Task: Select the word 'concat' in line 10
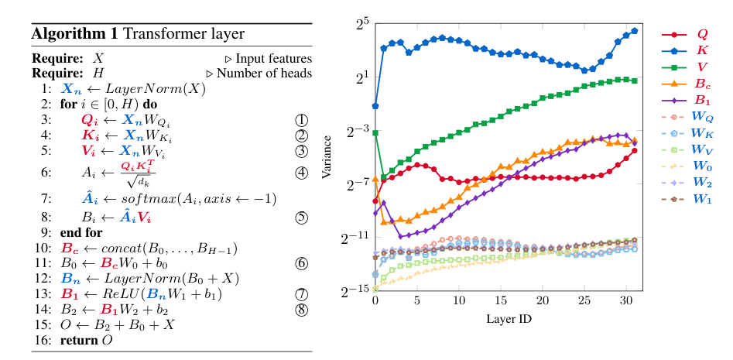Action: pyautogui.click(x=119, y=249)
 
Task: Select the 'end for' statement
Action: pyautogui.click(x=81, y=232)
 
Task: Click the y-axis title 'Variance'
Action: pyautogui.click(x=328, y=159)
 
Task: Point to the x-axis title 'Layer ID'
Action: pyautogui.click(x=508, y=319)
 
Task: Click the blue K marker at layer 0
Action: pyautogui.click(x=375, y=105)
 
